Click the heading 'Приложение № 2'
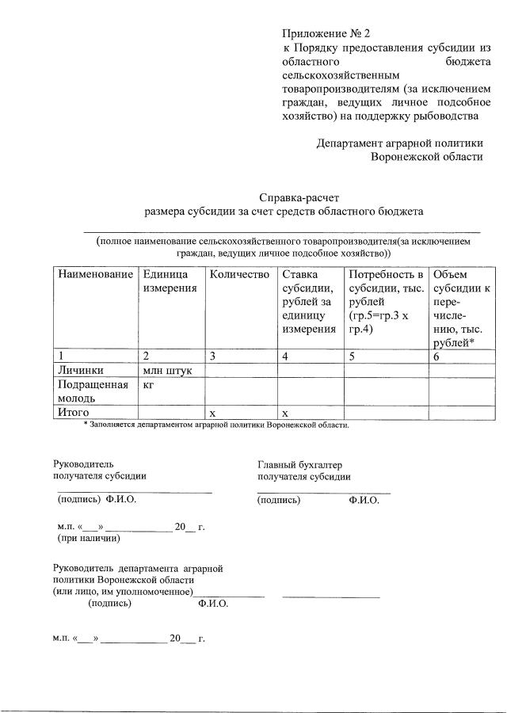pos(326,34)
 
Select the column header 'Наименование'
pos(94,274)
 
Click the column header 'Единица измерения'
pos(170,280)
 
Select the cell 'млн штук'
pos(168,369)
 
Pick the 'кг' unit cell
pos(149,384)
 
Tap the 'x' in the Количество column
pos(211,413)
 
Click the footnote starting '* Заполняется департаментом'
pos(216,425)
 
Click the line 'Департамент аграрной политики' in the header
pos(399,143)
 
